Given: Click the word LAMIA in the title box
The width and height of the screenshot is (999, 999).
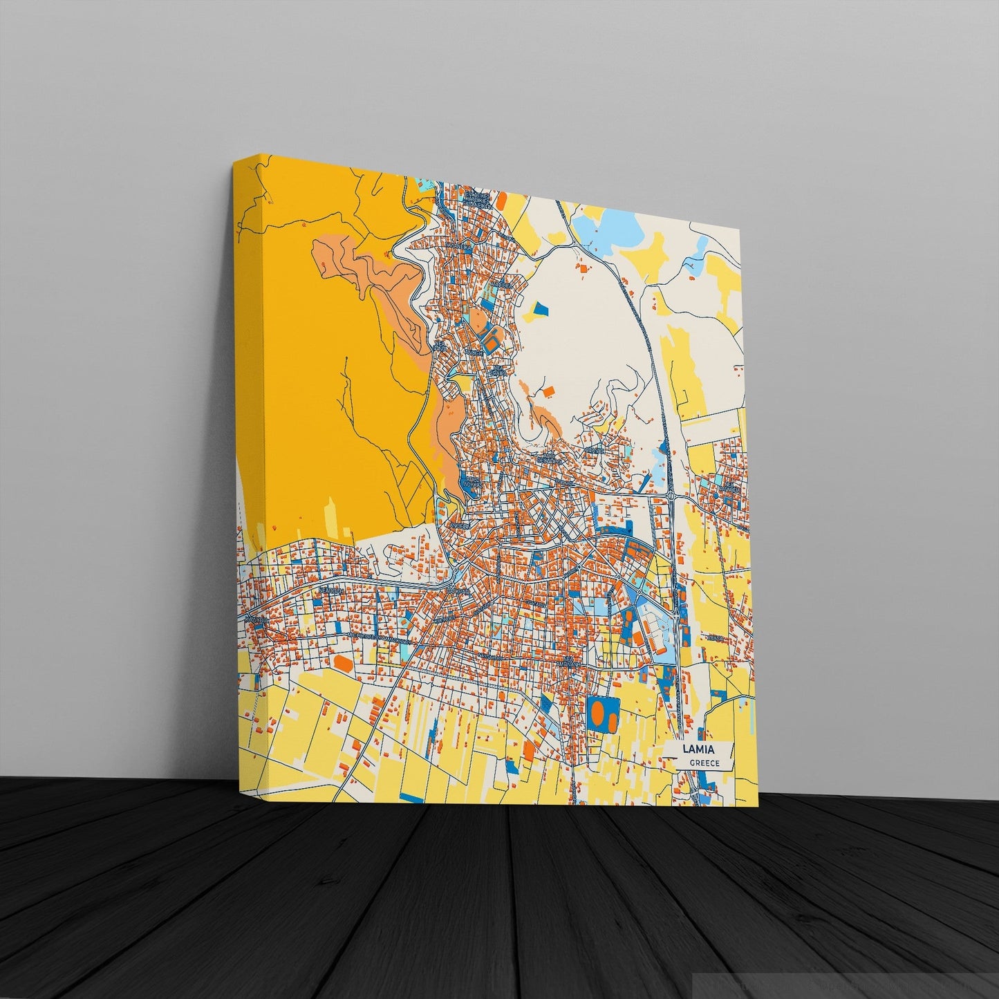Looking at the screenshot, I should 698,749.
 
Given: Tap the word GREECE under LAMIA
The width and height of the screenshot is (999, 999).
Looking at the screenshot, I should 704,763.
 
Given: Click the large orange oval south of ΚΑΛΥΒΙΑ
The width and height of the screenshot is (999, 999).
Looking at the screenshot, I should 343,662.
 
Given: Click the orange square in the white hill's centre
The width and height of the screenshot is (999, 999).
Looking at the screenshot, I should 549,391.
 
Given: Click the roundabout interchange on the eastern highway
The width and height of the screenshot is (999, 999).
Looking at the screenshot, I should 670,496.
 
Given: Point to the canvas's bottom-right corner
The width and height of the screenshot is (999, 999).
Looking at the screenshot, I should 758,805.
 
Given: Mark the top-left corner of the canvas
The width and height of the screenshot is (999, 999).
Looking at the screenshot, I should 234,162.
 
